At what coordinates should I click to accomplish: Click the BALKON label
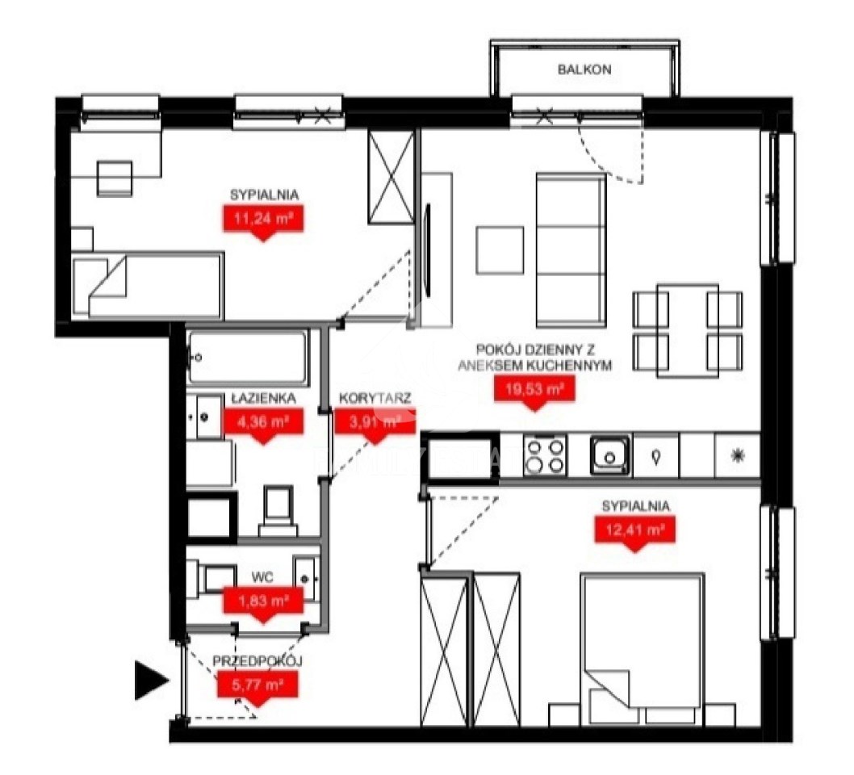(x=584, y=69)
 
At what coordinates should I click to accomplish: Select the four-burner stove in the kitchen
(x=544, y=455)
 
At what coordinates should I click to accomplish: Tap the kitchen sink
(x=610, y=455)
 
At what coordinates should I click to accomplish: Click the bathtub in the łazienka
(x=247, y=358)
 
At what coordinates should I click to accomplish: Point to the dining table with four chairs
(x=688, y=331)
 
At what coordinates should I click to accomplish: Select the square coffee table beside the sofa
(x=500, y=250)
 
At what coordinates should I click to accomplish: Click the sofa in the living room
(x=571, y=250)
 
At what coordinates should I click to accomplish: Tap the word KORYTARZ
(x=375, y=398)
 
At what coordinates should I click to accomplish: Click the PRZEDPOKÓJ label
(x=257, y=661)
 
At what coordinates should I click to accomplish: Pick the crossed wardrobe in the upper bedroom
(x=391, y=177)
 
